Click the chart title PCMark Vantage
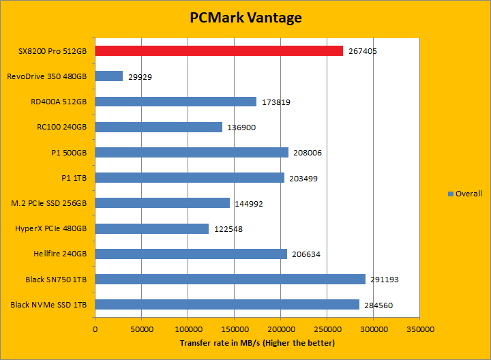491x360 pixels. (x=245, y=18)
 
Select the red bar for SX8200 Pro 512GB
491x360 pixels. (x=219, y=50)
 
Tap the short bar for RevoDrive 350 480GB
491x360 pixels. (x=109, y=76)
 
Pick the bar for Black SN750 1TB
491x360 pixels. (x=230, y=279)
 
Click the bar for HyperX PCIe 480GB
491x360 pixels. (x=152, y=228)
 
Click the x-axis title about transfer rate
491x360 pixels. (x=257, y=343)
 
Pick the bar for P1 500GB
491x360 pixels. (x=192, y=152)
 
